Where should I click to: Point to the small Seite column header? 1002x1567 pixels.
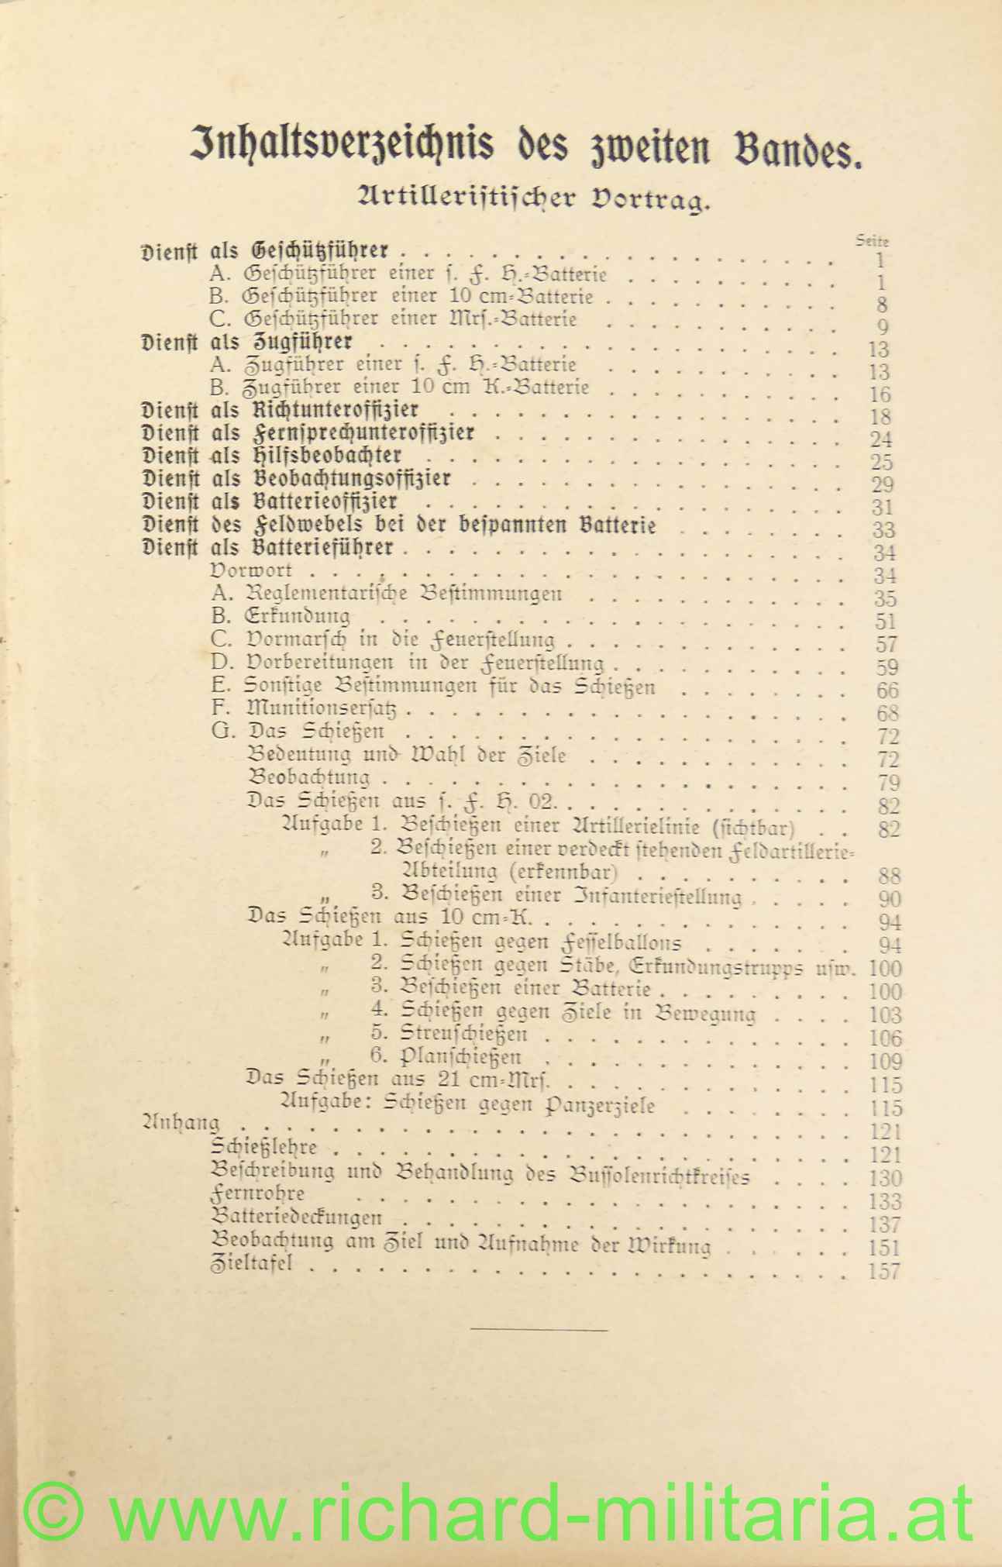872,241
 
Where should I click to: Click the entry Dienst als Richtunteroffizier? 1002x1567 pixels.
281,410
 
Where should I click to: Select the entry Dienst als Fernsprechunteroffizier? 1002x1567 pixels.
308,432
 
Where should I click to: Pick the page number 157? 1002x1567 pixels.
883,1272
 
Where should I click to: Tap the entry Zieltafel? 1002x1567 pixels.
251,1264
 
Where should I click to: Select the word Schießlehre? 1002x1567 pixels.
264,1148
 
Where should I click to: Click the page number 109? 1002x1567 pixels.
885,1062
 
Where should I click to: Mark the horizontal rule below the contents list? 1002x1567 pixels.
539,1331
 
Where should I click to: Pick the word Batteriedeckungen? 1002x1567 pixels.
296,1217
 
